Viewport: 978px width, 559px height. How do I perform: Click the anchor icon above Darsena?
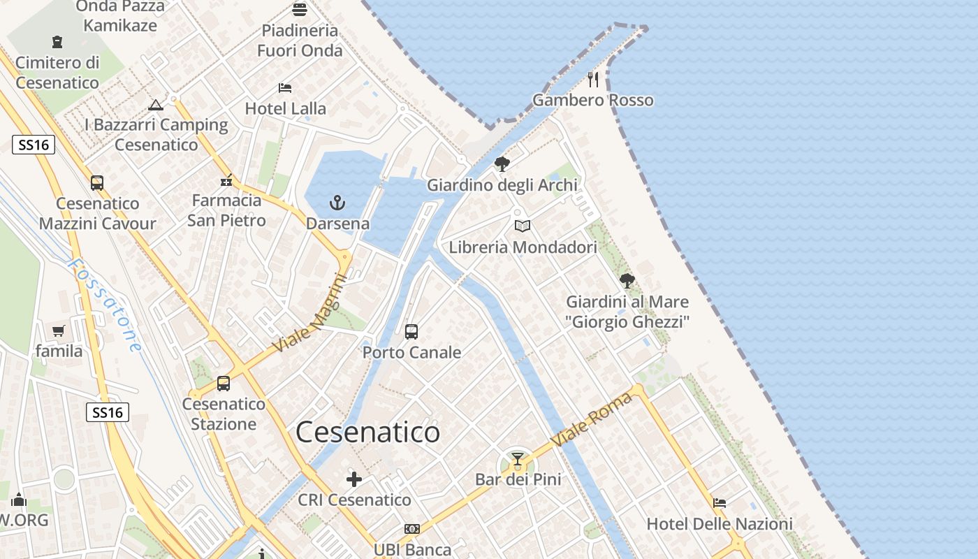click(337, 203)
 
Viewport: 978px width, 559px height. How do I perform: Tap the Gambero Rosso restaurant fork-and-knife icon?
click(593, 79)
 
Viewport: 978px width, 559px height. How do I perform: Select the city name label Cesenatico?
click(367, 433)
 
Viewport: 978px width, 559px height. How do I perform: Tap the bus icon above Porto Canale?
click(411, 331)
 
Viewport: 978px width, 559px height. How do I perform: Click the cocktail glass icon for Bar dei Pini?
click(517, 459)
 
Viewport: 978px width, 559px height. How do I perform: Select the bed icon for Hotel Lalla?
click(285, 88)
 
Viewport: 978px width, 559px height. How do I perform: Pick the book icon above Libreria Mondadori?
click(523, 226)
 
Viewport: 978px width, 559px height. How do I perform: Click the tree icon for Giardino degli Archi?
click(502, 164)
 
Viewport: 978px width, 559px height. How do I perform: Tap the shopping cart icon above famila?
click(58, 331)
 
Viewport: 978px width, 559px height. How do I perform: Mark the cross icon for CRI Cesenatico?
click(354, 479)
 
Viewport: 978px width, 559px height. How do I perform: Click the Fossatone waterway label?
click(105, 305)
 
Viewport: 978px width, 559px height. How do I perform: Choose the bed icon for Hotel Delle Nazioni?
click(720, 502)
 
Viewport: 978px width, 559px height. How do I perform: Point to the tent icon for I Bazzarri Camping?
click(156, 105)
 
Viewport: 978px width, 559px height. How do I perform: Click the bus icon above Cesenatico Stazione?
click(224, 383)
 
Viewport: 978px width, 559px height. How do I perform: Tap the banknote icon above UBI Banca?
click(412, 529)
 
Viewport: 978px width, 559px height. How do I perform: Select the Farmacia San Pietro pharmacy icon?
click(226, 180)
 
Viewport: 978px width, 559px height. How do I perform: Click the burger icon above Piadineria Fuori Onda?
click(300, 10)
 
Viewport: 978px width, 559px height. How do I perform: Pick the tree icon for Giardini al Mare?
click(627, 281)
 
